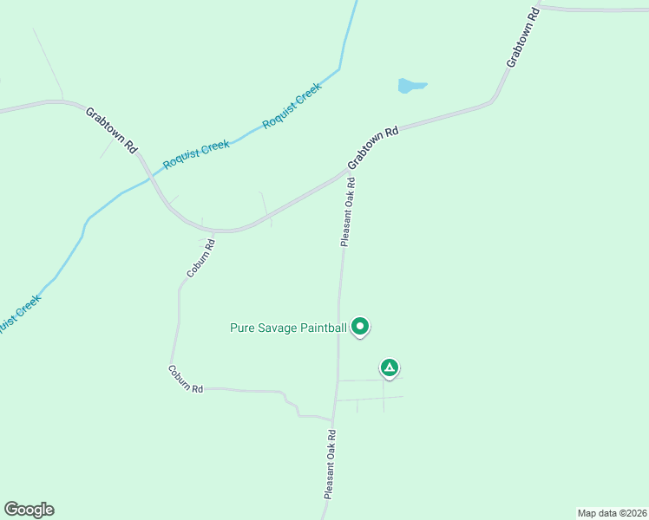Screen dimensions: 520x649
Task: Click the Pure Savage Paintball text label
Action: [x=288, y=328]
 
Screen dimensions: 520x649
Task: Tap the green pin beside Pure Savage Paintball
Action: [x=360, y=326]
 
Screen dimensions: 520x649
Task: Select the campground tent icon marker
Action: [x=390, y=368]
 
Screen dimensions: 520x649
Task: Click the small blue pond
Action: [x=410, y=86]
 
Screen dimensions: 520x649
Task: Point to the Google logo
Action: [x=29, y=510]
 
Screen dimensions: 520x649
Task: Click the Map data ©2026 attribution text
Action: [x=613, y=512]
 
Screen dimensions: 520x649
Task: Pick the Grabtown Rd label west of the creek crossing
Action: [x=111, y=130]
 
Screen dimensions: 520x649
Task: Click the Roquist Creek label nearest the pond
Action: [x=292, y=105]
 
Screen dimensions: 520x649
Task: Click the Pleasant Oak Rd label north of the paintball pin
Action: [x=348, y=213]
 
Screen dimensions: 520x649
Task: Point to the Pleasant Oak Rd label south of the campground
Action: [x=330, y=464]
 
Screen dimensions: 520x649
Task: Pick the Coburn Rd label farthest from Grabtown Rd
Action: [x=185, y=378]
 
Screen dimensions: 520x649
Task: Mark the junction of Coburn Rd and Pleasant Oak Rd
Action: [x=333, y=417]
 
